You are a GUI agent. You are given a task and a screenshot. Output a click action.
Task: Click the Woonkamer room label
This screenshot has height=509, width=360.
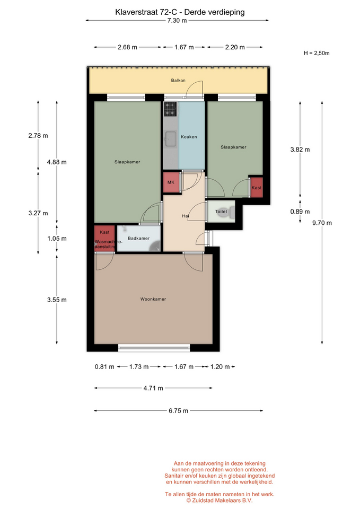[x=153, y=299]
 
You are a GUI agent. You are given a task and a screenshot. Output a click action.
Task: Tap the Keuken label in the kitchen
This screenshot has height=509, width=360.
[x=189, y=137]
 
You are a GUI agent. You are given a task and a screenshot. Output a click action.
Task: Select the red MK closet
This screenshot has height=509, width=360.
[x=171, y=182]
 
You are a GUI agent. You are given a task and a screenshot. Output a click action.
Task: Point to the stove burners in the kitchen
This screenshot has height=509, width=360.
[x=170, y=109]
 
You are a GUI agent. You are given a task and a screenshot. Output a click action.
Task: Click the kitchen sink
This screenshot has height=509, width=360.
[x=170, y=139]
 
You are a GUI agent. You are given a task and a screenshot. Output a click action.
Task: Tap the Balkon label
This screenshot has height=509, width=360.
[x=178, y=80]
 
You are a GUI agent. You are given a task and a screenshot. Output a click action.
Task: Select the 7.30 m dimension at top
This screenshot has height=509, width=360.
[x=177, y=21]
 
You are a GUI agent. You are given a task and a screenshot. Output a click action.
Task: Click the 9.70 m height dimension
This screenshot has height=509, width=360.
[x=322, y=223]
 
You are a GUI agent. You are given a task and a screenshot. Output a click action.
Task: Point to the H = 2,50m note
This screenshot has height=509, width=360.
[x=317, y=53]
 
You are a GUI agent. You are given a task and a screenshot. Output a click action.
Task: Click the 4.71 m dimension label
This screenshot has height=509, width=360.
[x=153, y=388]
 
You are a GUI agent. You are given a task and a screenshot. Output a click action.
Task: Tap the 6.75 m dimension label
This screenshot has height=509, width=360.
[x=178, y=410]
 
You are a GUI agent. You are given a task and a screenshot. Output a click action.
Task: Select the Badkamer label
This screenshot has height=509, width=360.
[x=138, y=238]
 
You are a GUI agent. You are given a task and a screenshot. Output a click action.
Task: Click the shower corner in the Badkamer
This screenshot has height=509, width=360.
[x=155, y=245]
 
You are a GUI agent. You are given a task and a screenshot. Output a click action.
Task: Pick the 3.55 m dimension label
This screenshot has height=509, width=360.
[x=57, y=300]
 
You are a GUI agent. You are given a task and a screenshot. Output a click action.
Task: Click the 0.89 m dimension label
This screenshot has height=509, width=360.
[x=300, y=212]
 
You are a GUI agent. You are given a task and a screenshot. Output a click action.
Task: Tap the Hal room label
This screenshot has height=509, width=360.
[x=186, y=216]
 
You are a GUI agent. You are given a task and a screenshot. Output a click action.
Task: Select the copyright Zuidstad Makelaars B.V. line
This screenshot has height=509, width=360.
[x=219, y=500]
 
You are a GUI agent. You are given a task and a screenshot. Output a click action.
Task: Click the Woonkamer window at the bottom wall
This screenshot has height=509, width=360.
[x=154, y=348]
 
